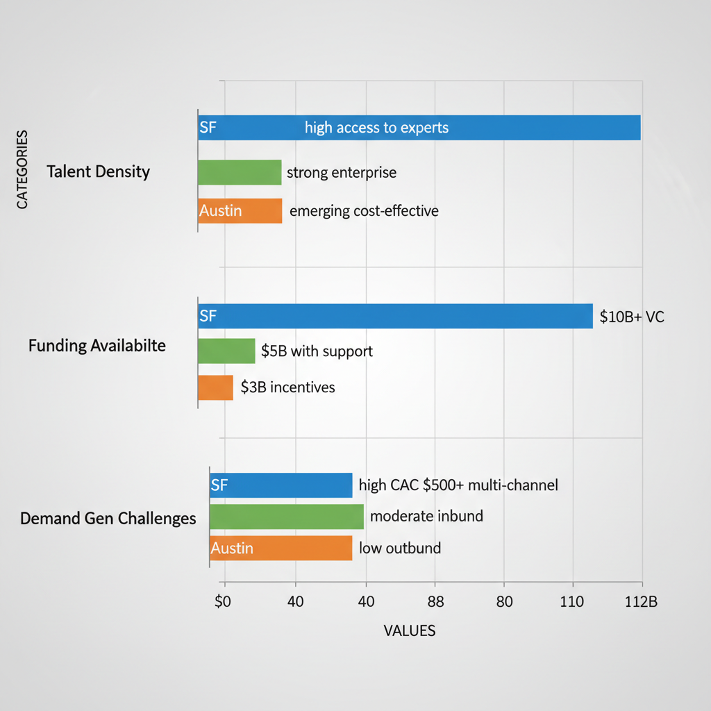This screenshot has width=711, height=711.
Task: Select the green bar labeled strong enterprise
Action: point(240,172)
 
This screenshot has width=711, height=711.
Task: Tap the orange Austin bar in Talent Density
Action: point(240,210)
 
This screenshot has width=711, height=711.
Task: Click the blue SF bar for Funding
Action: point(395,317)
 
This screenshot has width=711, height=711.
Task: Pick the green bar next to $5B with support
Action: point(226,351)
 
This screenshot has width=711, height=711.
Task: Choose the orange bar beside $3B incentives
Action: point(215,387)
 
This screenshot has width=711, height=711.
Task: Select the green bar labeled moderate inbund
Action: point(286,517)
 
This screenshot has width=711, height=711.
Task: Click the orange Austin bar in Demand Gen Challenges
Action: point(281,548)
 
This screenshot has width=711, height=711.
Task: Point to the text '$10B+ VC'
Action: point(632,317)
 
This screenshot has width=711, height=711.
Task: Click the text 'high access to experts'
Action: point(376,128)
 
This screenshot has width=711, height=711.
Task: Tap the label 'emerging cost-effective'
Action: point(364,210)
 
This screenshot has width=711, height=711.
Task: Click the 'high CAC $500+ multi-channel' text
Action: point(458,485)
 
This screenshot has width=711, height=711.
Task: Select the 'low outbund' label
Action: point(400,548)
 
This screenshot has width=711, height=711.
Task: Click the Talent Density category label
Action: point(98,172)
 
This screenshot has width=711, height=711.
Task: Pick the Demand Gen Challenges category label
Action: point(108,519)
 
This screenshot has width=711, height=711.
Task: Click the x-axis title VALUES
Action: point(410,630)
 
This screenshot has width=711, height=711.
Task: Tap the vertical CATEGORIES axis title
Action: point(22,169)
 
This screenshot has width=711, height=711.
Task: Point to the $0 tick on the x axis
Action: point(222,602)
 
